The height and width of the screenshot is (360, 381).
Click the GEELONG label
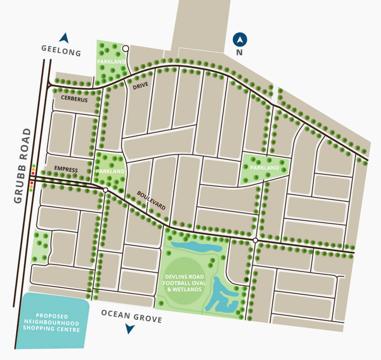coord(61,50)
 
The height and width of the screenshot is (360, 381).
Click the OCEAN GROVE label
coord(131,316)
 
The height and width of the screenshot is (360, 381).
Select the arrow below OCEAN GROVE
coord(130,329)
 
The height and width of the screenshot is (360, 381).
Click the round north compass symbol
coord(240,40)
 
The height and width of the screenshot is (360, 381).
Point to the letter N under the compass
coord(239,53)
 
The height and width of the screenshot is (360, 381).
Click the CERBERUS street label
coord(74,99)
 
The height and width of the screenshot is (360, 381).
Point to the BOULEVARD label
coord(151,201)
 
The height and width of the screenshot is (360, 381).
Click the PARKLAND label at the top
coord(111,62)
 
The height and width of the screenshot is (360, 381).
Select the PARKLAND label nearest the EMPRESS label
coord(110,171)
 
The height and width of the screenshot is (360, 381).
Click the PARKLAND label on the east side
coord(265,168)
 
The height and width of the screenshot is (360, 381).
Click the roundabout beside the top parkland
coord(125,49)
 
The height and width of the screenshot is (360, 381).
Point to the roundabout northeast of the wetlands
coord(255,240)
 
